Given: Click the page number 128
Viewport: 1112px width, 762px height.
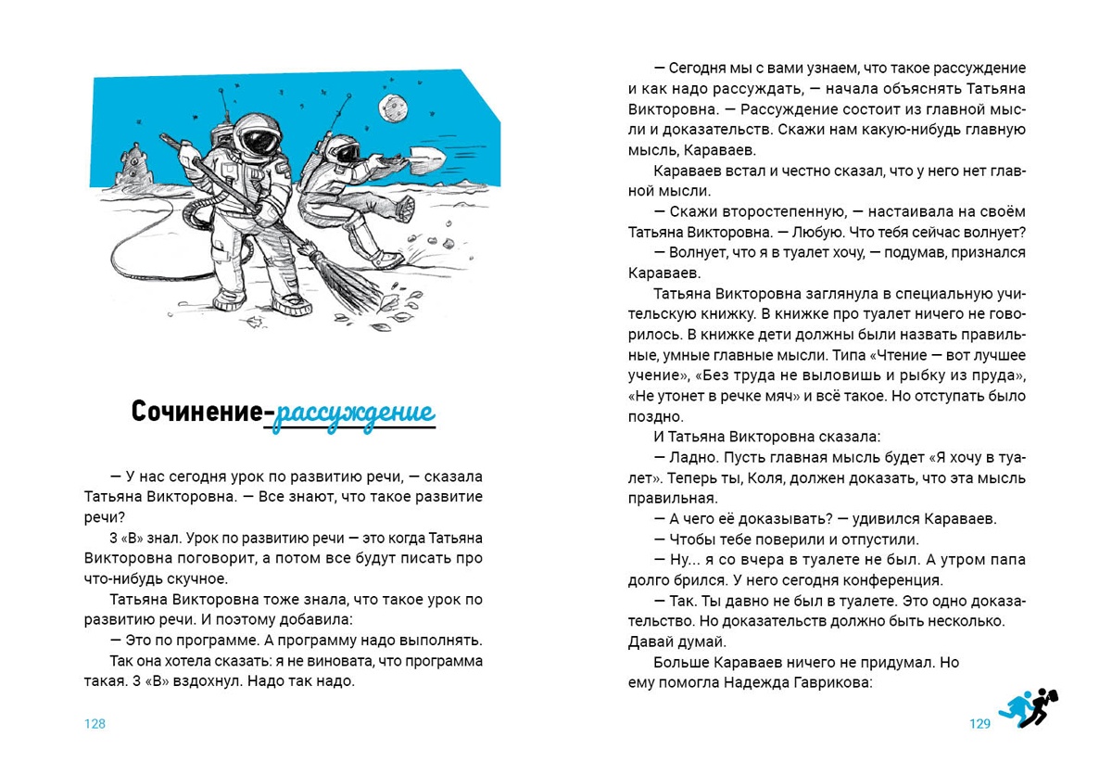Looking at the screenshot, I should pyautogui.click(x=95, y=724).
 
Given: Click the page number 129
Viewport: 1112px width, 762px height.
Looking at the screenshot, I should pyautogui.click(x=980, y=724).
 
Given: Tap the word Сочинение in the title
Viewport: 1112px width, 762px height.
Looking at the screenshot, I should pyautogui.click(x=196, y=412).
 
